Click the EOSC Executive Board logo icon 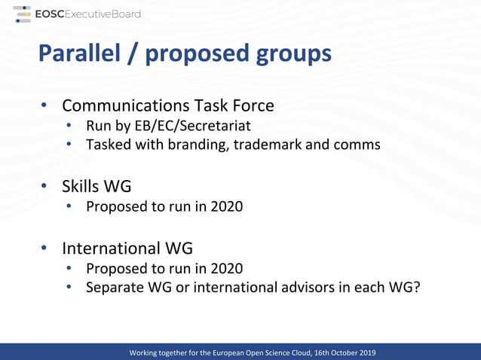coord(22,14)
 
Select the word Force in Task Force coord(252,105)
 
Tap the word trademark coord(267,144)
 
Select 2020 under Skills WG coord(226,205)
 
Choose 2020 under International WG coord(226,267)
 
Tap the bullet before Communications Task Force coord(44,105)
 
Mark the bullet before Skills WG coord(44,185)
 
